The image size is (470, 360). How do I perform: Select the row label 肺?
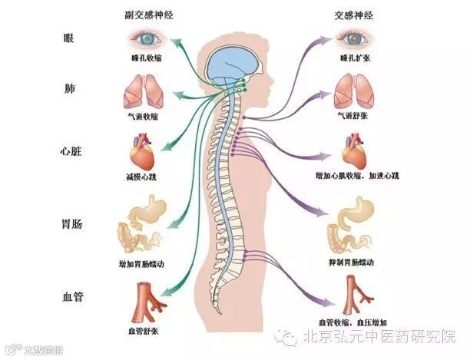69,90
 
